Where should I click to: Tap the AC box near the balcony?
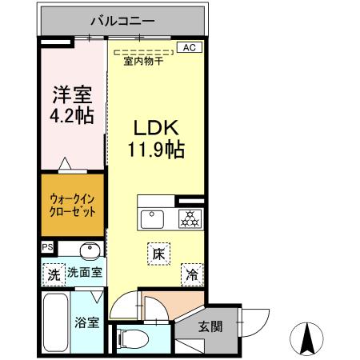[x=189, y=47]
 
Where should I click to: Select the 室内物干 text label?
[x=143, y=62]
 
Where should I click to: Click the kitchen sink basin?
[x=152, y=218]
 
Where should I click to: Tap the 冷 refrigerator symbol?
[x=192, y=273]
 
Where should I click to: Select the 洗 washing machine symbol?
[x=52, y=272]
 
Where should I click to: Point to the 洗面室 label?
[x=83, y=273]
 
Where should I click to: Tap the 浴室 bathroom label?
[x=87, y=322]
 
